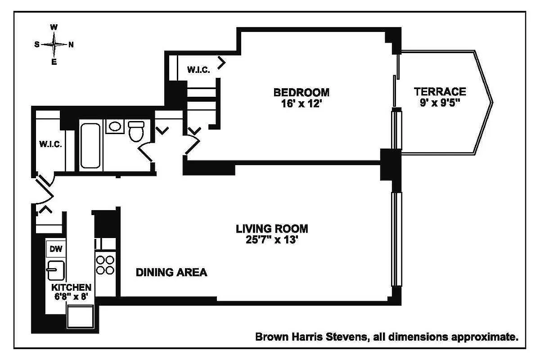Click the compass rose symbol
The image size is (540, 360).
pos(54,44)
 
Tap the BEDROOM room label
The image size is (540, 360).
pos(301,92)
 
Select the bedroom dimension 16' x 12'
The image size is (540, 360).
pos(301,103)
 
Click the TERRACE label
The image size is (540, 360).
pos(440,92)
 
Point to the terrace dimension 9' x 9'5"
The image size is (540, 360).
pos(440,103)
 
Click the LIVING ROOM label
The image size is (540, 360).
pos(272,229)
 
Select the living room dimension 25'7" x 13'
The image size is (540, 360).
pos(272,240)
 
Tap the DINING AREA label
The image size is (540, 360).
pos(171,272)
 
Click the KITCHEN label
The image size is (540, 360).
pos(71,287)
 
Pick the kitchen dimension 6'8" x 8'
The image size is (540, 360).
pos(71,297)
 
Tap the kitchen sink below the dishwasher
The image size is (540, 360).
pos(56,270)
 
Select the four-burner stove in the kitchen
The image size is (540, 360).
pos(105,265)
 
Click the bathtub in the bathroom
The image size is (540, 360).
pos(91,145)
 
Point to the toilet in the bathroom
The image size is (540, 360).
pos(135,130)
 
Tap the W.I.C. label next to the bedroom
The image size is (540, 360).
pos(197,70)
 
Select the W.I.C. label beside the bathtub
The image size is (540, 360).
pos(50,144)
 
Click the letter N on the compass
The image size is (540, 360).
pos(71,44)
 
